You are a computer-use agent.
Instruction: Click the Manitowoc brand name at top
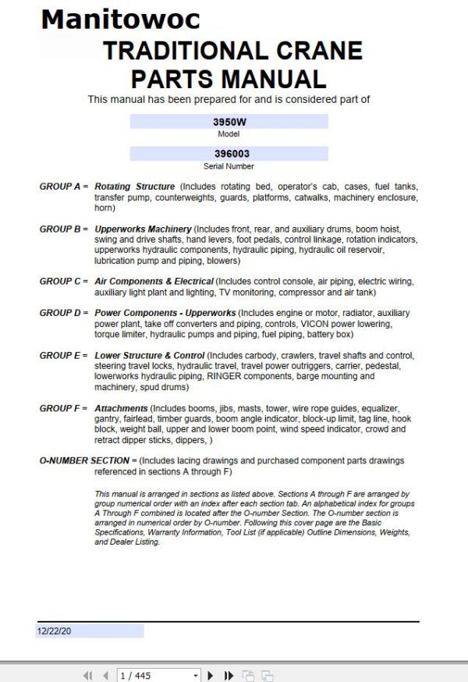click(120, 19)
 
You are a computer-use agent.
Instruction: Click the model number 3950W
click(229, 123)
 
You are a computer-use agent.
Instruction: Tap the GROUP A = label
click(64, 187)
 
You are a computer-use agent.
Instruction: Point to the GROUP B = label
click(64, 229)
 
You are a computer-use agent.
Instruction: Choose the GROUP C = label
click(64, 281)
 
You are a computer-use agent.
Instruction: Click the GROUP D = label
click(64, 313)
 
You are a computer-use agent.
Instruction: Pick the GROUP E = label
click(64, 355)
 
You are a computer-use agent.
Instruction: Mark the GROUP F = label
click(64, 408)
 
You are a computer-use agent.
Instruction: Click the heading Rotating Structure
click(134, 187)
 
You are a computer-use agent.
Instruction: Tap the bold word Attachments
click(121, 408)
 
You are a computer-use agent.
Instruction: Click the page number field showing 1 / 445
click(156, 675)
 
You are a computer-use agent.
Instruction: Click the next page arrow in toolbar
click(211, 675)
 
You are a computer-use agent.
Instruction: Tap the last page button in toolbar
click(229, 675)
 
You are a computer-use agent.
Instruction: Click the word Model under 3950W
click(229, 134)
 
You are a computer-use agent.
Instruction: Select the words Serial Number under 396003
click(229, 166)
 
